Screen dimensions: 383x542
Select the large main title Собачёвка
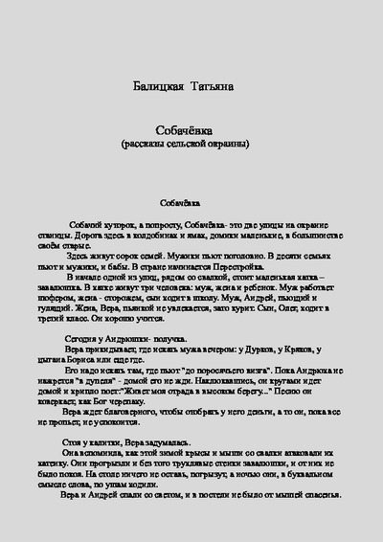pyautogui.click(x=192, y=130)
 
